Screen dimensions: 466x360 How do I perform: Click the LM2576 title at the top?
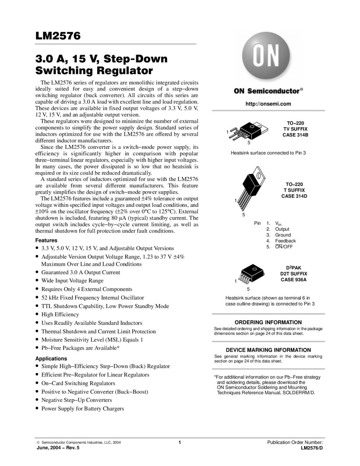(58, 36)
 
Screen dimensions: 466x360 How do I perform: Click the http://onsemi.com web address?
(268, 104)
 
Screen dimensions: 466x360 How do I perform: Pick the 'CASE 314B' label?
(295, 135)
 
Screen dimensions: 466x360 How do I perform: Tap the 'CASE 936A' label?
(293, 280)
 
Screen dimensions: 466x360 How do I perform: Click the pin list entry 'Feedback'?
(285, 241)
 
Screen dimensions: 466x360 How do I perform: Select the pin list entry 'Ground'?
(283, 235)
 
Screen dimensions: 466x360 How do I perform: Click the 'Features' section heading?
(46, 240)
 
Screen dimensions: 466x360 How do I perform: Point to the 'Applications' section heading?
(51, 358)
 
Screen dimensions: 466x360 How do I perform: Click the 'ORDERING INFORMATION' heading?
(268, 322)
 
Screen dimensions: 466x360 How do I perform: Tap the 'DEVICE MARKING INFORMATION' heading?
(268, 350)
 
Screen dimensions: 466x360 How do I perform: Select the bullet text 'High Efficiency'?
(60, 314)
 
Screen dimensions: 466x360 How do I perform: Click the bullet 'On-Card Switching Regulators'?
(78, 383)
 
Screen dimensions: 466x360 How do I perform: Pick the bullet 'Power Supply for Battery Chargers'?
(82, 409)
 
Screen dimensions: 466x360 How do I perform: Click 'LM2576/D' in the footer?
(312, 448)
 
